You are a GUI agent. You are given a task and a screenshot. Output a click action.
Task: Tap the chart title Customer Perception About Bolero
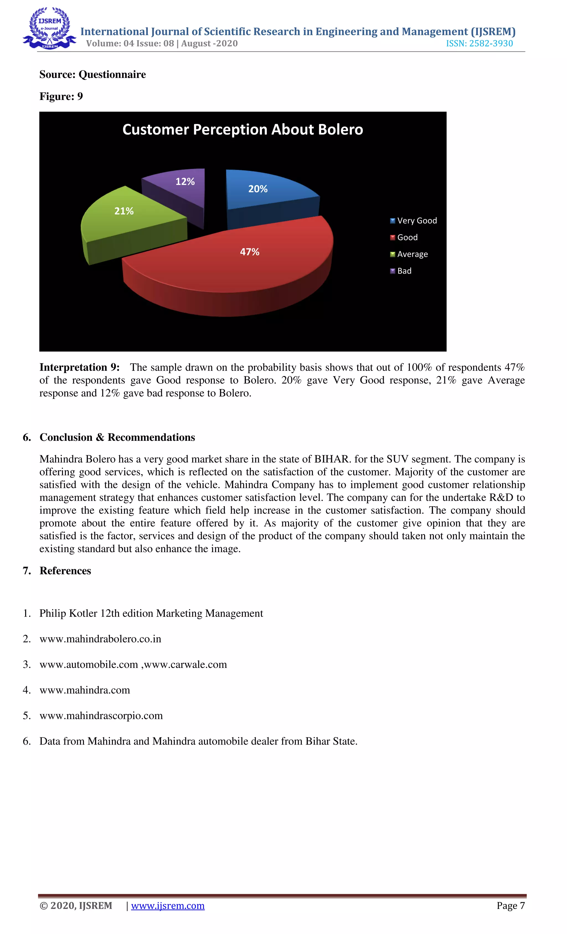click(x=243, y=130)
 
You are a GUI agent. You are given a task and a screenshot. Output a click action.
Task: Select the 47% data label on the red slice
click(x=249, y=252)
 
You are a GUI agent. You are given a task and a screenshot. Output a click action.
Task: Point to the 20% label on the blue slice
click(x=258, y=189)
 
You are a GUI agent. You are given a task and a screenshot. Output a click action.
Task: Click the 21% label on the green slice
click(x=124, y=211)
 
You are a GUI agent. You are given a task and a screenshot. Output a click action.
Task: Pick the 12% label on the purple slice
click(x=185, y=182)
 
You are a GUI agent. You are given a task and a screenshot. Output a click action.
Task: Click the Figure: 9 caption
click(x=61, y=96)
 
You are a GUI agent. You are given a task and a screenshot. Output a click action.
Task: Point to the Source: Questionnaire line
click(x=92, y=74)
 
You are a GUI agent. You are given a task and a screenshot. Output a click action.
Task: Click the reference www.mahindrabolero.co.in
click(x=100, y=639)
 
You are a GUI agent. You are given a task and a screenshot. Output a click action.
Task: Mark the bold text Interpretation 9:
click(x=79, y=367)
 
